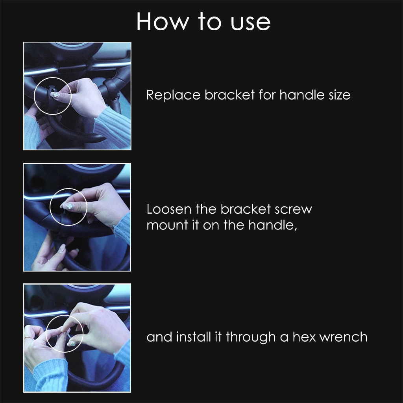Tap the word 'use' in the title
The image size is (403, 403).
point(250,23)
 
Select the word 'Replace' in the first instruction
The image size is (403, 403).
point(174,95)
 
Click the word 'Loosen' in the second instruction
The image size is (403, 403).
point(169,209)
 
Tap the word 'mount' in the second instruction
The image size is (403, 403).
point(167,226)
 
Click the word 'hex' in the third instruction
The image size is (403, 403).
point(304,337)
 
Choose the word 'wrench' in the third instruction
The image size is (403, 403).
point(343,337)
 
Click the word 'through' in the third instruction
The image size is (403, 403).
point(251,337)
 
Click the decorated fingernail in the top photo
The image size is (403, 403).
point(55,95)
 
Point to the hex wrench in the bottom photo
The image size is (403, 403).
point(68,335)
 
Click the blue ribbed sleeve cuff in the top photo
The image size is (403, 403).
point(113,123)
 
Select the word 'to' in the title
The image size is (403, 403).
point(209,22)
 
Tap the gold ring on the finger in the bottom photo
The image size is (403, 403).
point(28,337)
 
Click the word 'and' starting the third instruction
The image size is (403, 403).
point(159,337)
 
